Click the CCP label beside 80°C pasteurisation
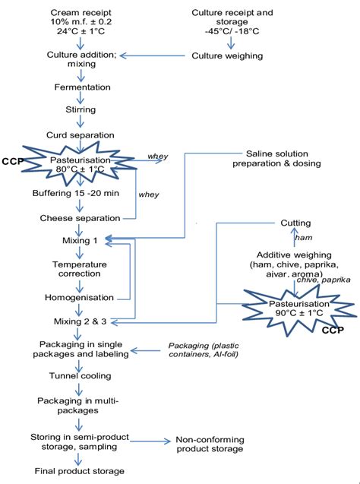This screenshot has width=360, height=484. pos(11,162)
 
